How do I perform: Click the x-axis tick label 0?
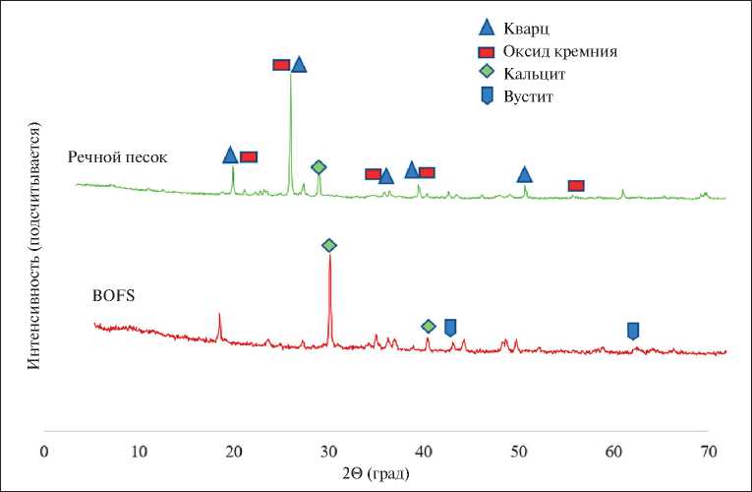[x=43, y=451]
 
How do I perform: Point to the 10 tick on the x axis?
[x=139, y=451]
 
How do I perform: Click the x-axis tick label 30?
[x=328, y=451]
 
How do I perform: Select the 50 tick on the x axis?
[x=519, y=451]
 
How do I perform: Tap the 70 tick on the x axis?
[x=709, y=451]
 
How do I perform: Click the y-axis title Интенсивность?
[x=33, y=246]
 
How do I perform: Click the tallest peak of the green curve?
[x=290, y=74]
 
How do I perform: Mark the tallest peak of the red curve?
[x=329, y=258]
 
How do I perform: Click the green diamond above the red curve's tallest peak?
[x=329, y=245]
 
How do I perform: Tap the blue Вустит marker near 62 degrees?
[x=633, y=331]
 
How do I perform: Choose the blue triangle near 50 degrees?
[x=525, y=175]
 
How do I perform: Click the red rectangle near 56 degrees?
[x=576, y=186]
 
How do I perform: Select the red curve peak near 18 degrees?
[x=219, y=315]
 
